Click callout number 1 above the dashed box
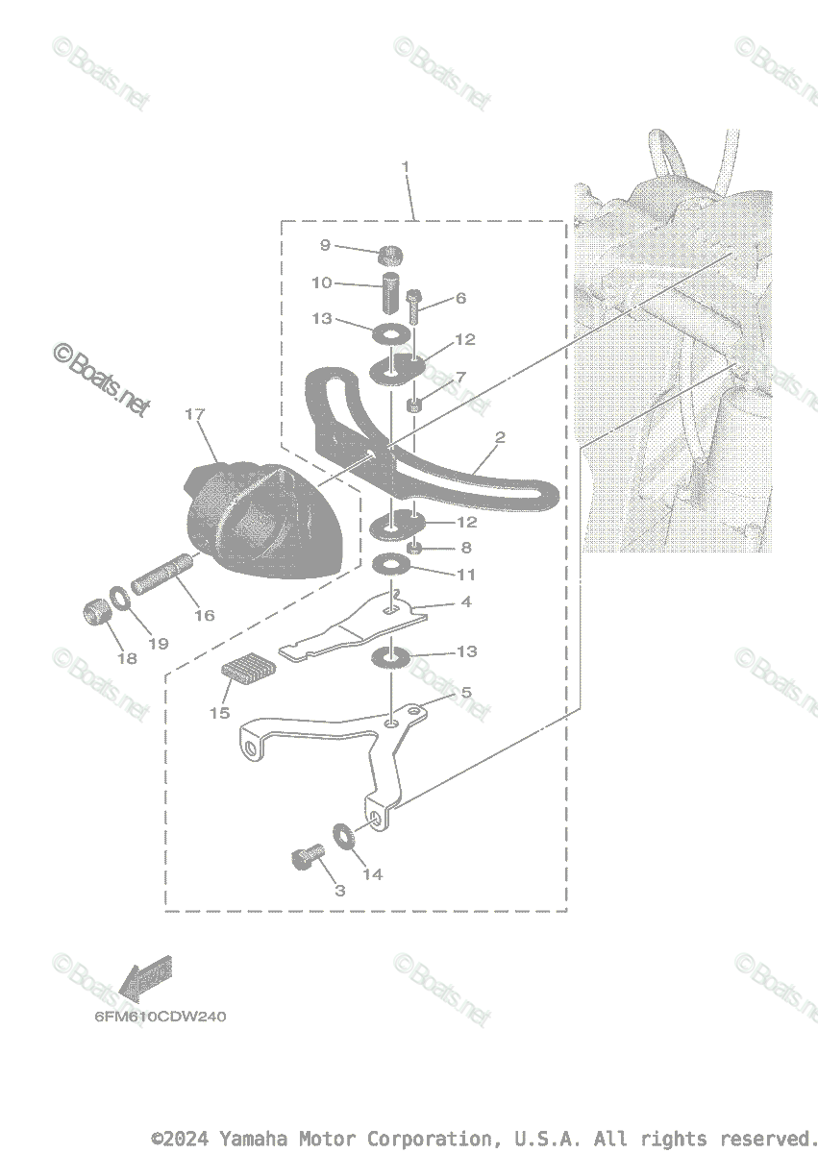(406, 167)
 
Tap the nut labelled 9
(389, 255)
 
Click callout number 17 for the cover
(195, 415)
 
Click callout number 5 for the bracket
(466, 692)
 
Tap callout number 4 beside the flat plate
(466, 602)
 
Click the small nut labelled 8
(415, 548)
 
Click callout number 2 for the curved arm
(500, 437)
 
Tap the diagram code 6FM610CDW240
(160, 1017)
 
